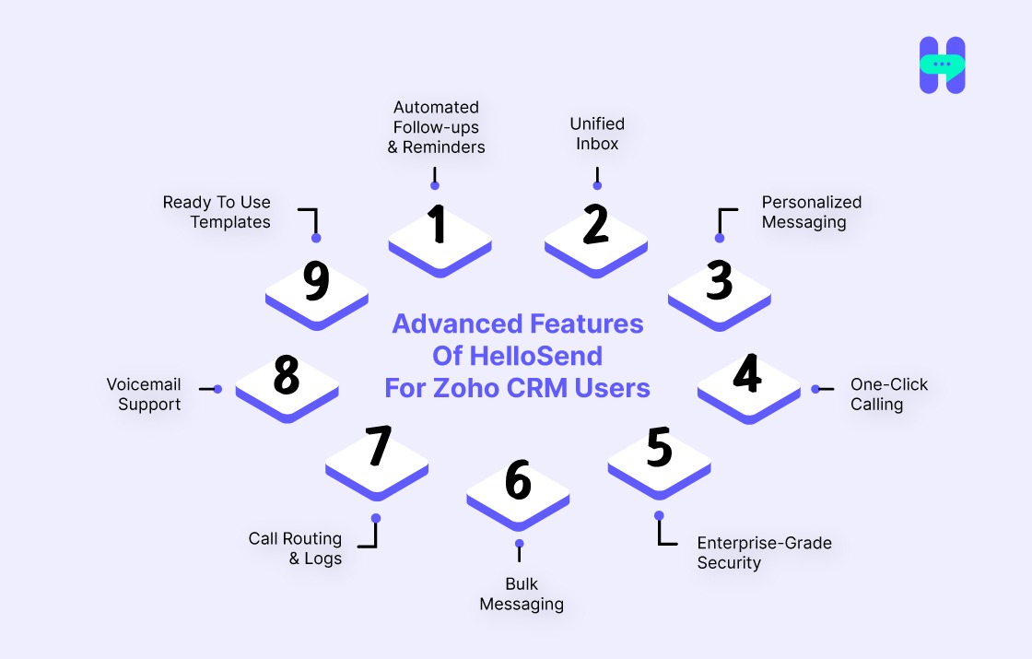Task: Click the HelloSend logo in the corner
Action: [x=942, y=65]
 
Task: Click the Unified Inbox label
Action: [x=597, y=134]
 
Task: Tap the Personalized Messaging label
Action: [x=811, y=212]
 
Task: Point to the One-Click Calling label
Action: [x=888, y=394]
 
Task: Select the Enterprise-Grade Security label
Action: [x=764, y=553]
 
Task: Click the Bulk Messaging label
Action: [x=522, y=594]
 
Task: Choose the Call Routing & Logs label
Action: [x=296, y=548]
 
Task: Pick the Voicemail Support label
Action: [x=144, y=394]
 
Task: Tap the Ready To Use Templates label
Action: [x=217, y=212]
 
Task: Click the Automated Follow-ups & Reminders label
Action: [x=436, y=127]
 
